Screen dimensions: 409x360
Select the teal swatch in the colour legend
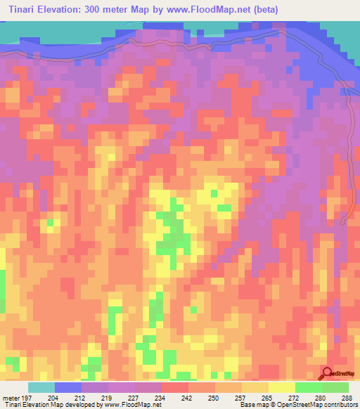(x=41, y=387)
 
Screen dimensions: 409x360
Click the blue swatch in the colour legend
(x=68, y=387)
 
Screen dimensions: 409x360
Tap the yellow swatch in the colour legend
(x=282, y=387)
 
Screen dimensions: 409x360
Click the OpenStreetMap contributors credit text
(x=312, y=405)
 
